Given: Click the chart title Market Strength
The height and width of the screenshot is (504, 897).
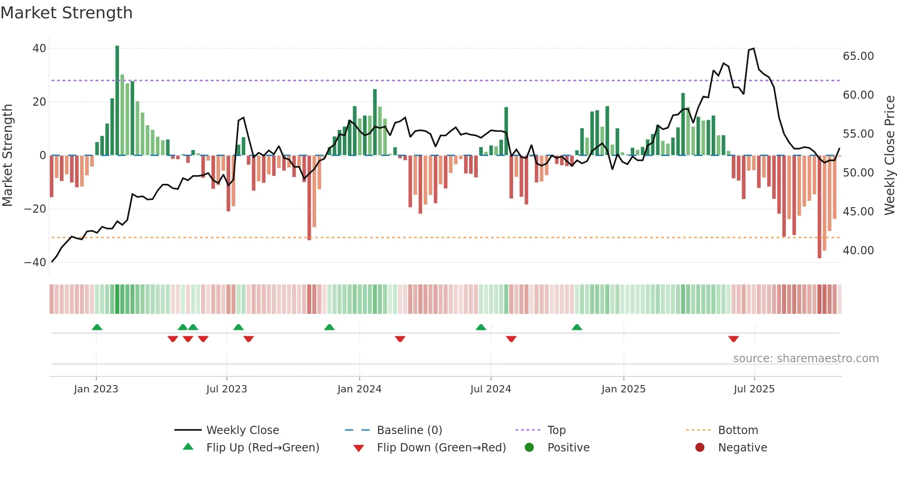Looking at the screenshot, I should click(x=66, y=13).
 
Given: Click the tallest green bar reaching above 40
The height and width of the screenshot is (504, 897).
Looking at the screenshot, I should click(x=117, y=101).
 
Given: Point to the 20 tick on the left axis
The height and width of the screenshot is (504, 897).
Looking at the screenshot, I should click(x=39, y=102).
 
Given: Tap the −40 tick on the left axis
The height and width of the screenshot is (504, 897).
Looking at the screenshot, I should click(x=35, y=263).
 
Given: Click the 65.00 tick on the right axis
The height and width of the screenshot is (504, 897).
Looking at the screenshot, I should click(x=858, y=56).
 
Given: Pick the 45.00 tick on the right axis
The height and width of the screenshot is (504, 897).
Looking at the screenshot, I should click(x=858, y=212).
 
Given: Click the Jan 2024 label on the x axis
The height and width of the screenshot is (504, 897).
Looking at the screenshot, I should click(x=359, y=389).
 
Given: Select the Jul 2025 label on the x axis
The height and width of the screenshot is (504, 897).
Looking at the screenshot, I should click(x=754, y=389).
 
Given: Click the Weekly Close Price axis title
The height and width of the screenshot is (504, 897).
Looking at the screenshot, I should click(x=889, y=155).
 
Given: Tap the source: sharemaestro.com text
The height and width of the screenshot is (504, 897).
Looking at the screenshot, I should click(x=805, y=359).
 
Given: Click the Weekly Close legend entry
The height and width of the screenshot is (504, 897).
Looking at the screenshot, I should click(x=243, y=430).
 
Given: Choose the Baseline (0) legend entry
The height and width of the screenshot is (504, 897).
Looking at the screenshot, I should click(x=409, y=430).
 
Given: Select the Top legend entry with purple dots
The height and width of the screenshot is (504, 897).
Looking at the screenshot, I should click(x=557, y=430).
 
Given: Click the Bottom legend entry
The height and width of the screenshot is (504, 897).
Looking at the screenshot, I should click(x=738, y=430).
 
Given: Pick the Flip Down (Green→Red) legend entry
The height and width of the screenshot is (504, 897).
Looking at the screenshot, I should click(x=441, y=448).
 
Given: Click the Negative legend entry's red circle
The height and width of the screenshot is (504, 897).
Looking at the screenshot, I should click(x=700, y=447).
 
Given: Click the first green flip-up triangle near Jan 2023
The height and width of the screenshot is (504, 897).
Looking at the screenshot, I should click(x=97, y=327).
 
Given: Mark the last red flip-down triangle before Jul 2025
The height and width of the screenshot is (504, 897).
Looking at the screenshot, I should click(x=733, y=339).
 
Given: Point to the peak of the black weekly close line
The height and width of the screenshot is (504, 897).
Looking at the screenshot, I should click(x=753, y=48).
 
